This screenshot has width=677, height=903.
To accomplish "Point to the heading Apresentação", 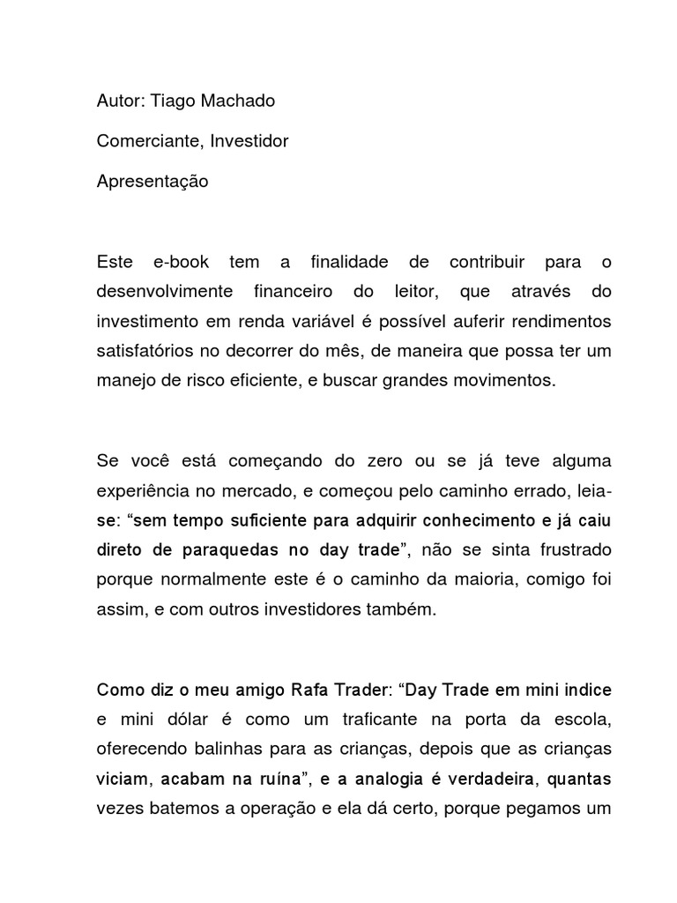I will click(x=153, y=181).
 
